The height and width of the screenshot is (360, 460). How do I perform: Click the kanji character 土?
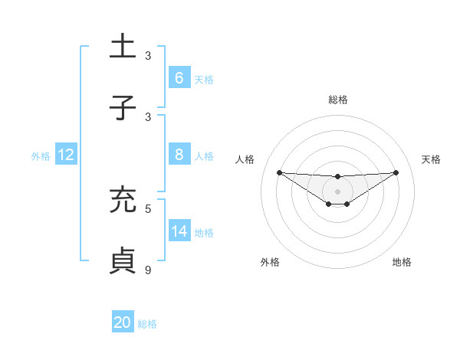click(x=123, y=47)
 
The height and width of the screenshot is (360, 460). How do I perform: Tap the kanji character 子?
click(x=123, y=108)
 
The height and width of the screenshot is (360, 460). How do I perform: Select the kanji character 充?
click(x=123, y=200)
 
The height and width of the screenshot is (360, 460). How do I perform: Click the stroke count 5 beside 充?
click(x=148, y=208)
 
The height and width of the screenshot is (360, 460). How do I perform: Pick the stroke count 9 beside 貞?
click(x=148, y=270)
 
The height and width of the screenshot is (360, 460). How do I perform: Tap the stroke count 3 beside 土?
click(x=148, y=56)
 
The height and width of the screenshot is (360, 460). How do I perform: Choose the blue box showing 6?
click(x=179, y=77)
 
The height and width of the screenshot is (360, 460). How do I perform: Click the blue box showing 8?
click(x=179, y=155)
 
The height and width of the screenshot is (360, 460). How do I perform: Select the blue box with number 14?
click(x=179, y=231)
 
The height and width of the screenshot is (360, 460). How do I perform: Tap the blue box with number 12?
click(x=65, y=155)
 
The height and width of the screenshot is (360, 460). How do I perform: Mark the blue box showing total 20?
click(x=123, y=322)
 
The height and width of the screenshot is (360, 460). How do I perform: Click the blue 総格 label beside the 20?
click(x=148, y=324)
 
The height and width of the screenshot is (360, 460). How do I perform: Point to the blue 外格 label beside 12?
click(x=41, y=156)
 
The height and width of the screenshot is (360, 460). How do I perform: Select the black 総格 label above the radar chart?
click(x=337, y=100)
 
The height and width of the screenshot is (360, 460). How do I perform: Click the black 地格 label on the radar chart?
click(x=402, y=262)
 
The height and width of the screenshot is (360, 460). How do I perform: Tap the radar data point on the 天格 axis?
click(x=396, y=172)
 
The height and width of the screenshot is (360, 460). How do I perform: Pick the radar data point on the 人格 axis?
click(x=279, y=172)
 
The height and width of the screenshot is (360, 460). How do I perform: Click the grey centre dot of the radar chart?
click(x=337, y=191)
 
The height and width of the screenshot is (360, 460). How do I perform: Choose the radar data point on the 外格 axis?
click(x=329, y=204)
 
